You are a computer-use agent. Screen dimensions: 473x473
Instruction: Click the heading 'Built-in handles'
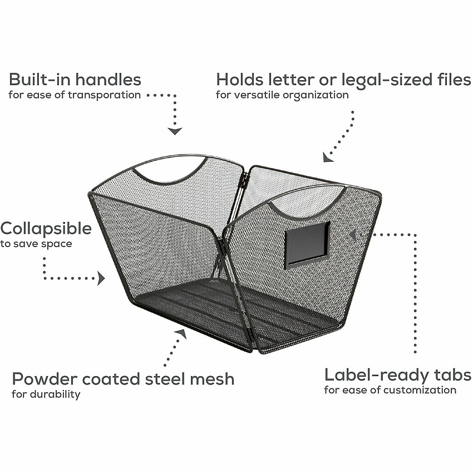coord(75,80)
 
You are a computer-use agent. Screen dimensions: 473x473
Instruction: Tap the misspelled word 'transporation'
coord(104,95)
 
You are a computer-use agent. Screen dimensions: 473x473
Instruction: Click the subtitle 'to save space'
coord(36,244)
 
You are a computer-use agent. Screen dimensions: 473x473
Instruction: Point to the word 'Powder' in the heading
coord(45,378)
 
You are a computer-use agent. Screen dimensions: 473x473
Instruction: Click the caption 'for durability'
coord(46,395)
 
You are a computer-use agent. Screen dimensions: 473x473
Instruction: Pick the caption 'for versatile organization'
coord(282,95)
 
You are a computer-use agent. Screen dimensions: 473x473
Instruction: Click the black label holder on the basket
coord(307,245)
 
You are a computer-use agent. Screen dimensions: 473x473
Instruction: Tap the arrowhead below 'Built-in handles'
coord(175,131)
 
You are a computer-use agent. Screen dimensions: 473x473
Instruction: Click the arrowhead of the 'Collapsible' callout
coord(101,278)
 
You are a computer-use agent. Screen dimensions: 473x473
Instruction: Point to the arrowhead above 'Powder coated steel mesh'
coord(181,333)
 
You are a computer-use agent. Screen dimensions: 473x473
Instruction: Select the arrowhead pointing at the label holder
coord(353,235)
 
